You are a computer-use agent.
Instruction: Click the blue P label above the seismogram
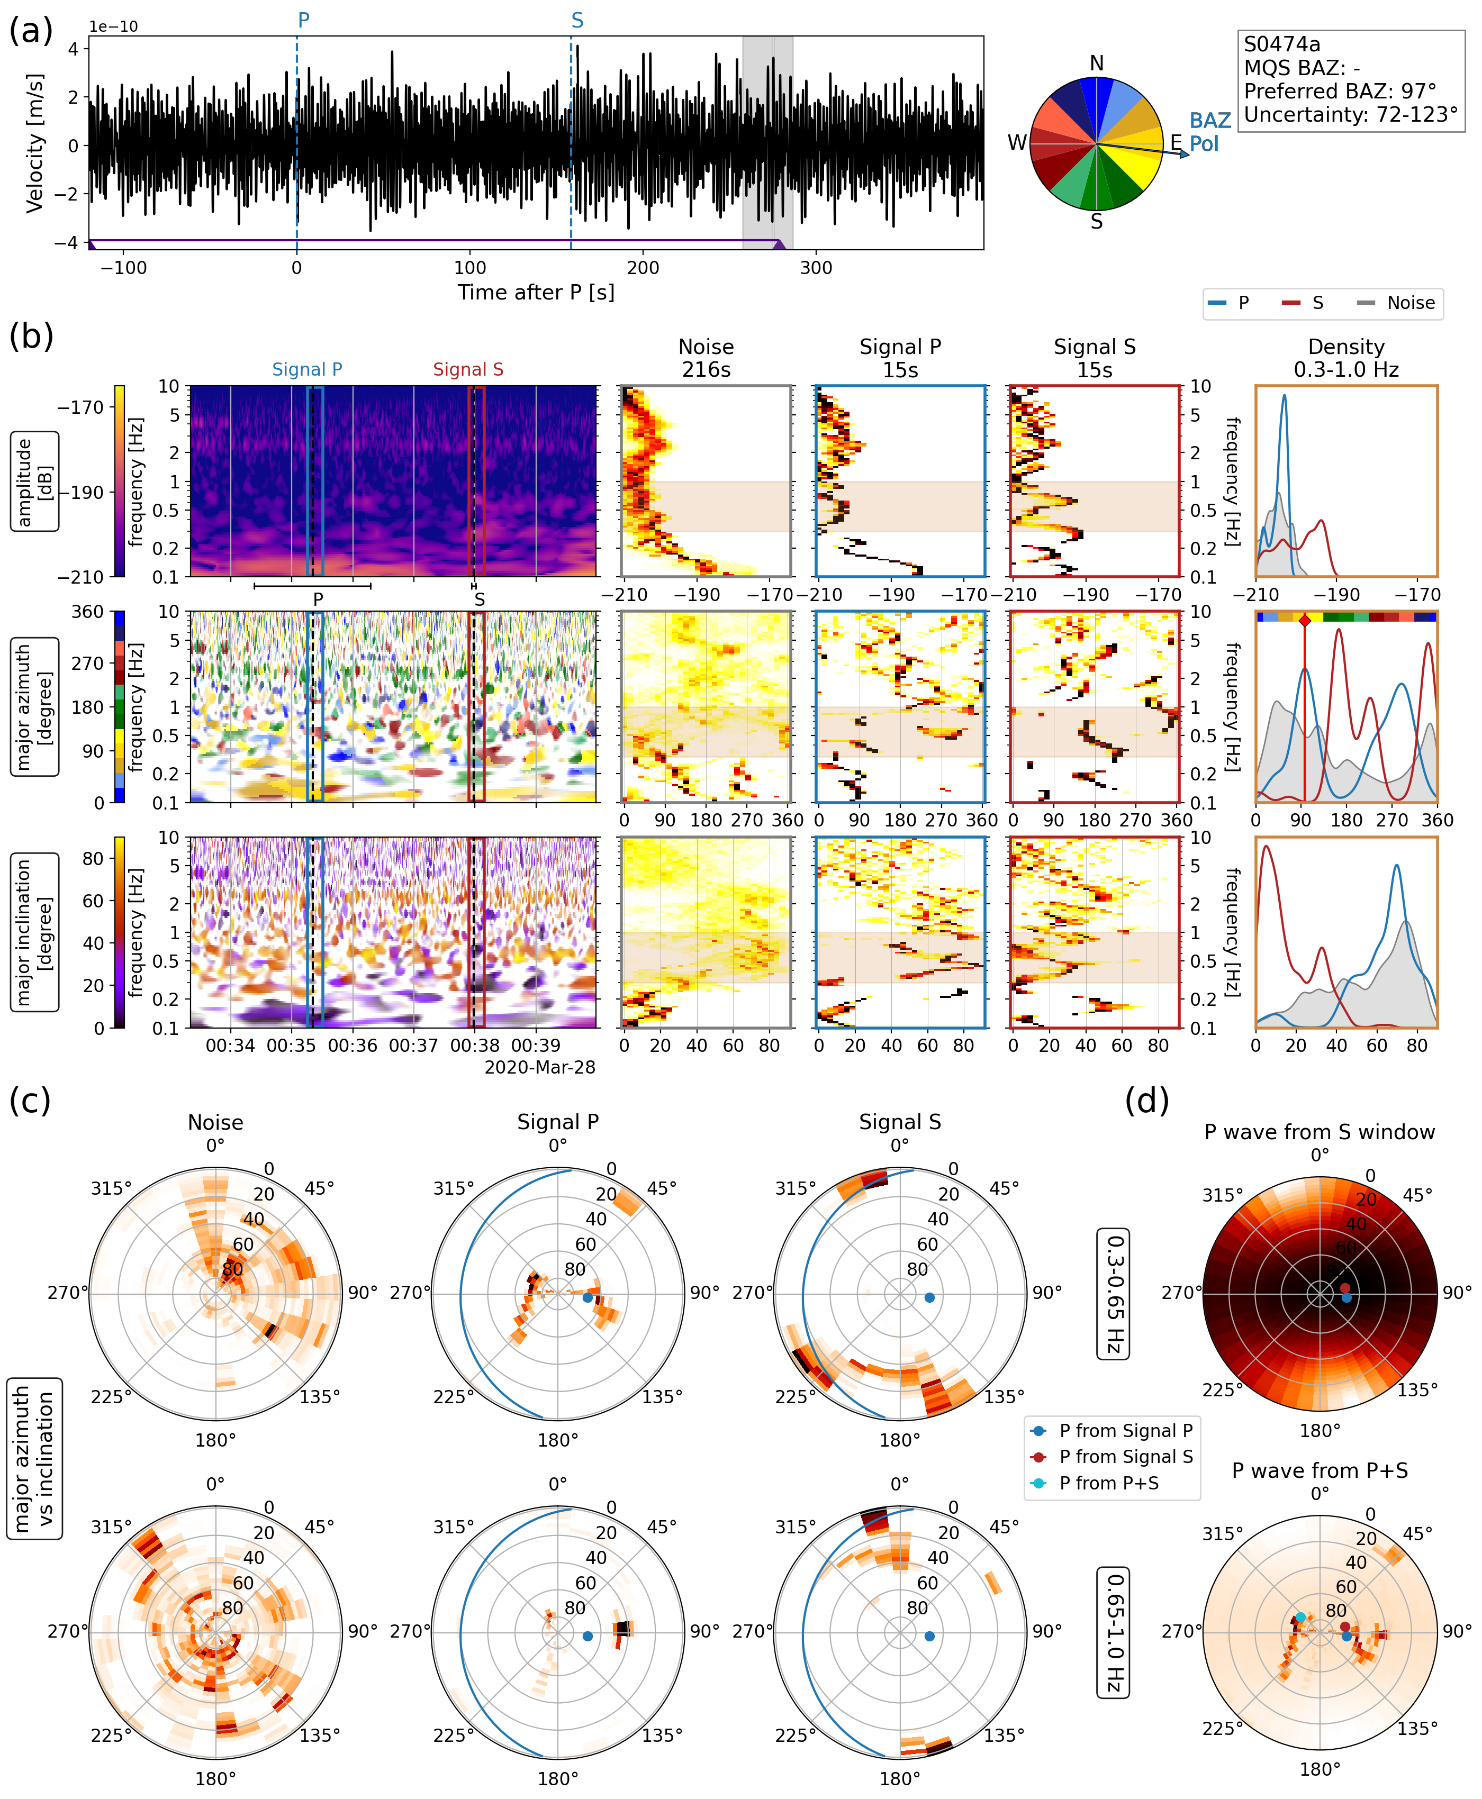tap(303, 21)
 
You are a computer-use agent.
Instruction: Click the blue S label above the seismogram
tap(577, 21)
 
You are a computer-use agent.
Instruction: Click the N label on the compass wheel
tap(1096, 63)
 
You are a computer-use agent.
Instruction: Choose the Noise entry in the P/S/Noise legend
tap(1411, 303)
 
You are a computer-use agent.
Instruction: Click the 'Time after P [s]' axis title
tap(535, 293)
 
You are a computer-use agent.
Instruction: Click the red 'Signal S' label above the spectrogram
tap(468, 369)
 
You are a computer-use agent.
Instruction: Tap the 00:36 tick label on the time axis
tap(353, 1046)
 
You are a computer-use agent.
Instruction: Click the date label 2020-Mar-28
tap(539, 1068)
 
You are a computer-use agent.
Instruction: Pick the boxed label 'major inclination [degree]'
tap(35, 933)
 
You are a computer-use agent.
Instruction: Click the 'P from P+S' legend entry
tap(1108, 1483)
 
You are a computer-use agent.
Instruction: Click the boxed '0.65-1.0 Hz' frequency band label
tap(1113, 1632)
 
